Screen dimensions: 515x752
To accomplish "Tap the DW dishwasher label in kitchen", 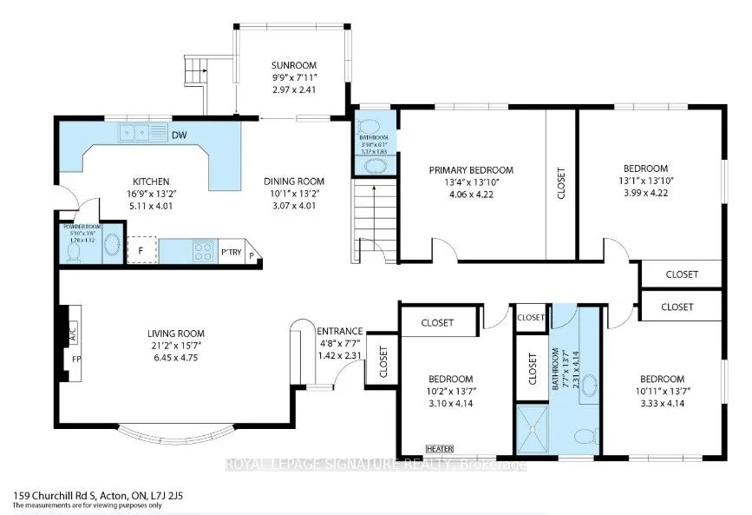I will tap(180, 135).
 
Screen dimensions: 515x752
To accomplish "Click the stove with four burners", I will tap(203, 251).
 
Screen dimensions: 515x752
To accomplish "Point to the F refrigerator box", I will tap(141, 250).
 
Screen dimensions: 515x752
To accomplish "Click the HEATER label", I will tap(439, 448).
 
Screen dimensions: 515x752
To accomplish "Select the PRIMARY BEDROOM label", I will tap(472, 170).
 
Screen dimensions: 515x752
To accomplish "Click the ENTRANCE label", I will tap(339, 331).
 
